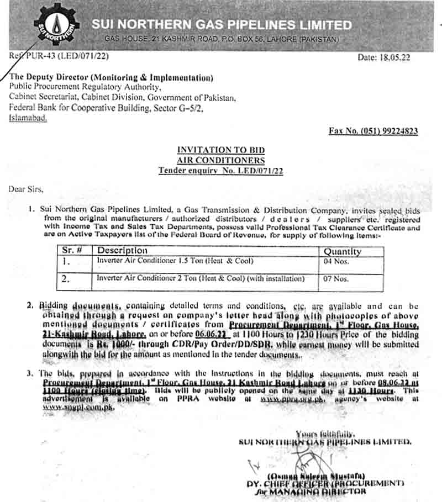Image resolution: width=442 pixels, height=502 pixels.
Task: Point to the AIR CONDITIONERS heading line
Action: (x=220, y=161)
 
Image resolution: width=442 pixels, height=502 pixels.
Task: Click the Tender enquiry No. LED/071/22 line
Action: (x=220, y=171)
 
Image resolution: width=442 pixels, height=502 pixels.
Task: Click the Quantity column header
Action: (x=343, y=251)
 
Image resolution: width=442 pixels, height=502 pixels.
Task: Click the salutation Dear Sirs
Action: (x=25, y=189)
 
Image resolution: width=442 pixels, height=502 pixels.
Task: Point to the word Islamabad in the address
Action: (x=28, y=119)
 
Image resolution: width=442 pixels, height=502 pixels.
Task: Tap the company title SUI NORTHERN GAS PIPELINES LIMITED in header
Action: (x=222, y=25)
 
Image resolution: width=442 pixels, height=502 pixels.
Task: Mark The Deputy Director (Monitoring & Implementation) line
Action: (x=111, y=78)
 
